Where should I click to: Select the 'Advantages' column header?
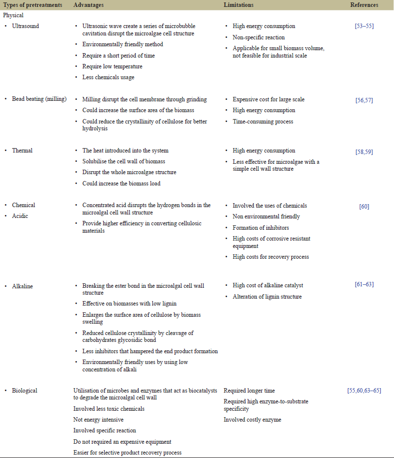89,5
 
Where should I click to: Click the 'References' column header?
364,5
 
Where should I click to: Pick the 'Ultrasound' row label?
26,26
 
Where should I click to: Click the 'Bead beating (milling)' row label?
39,99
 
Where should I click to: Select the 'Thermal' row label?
23,151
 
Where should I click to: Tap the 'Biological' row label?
25,391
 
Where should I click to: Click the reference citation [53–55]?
364,26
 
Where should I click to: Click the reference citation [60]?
364,207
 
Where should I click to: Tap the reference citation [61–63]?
364,285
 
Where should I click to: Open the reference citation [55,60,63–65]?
364,391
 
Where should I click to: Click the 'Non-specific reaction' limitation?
258,37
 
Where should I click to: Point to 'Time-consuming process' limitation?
263,121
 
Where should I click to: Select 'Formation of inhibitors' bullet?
261,227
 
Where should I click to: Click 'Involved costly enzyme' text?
252,420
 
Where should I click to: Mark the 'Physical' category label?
13,15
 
